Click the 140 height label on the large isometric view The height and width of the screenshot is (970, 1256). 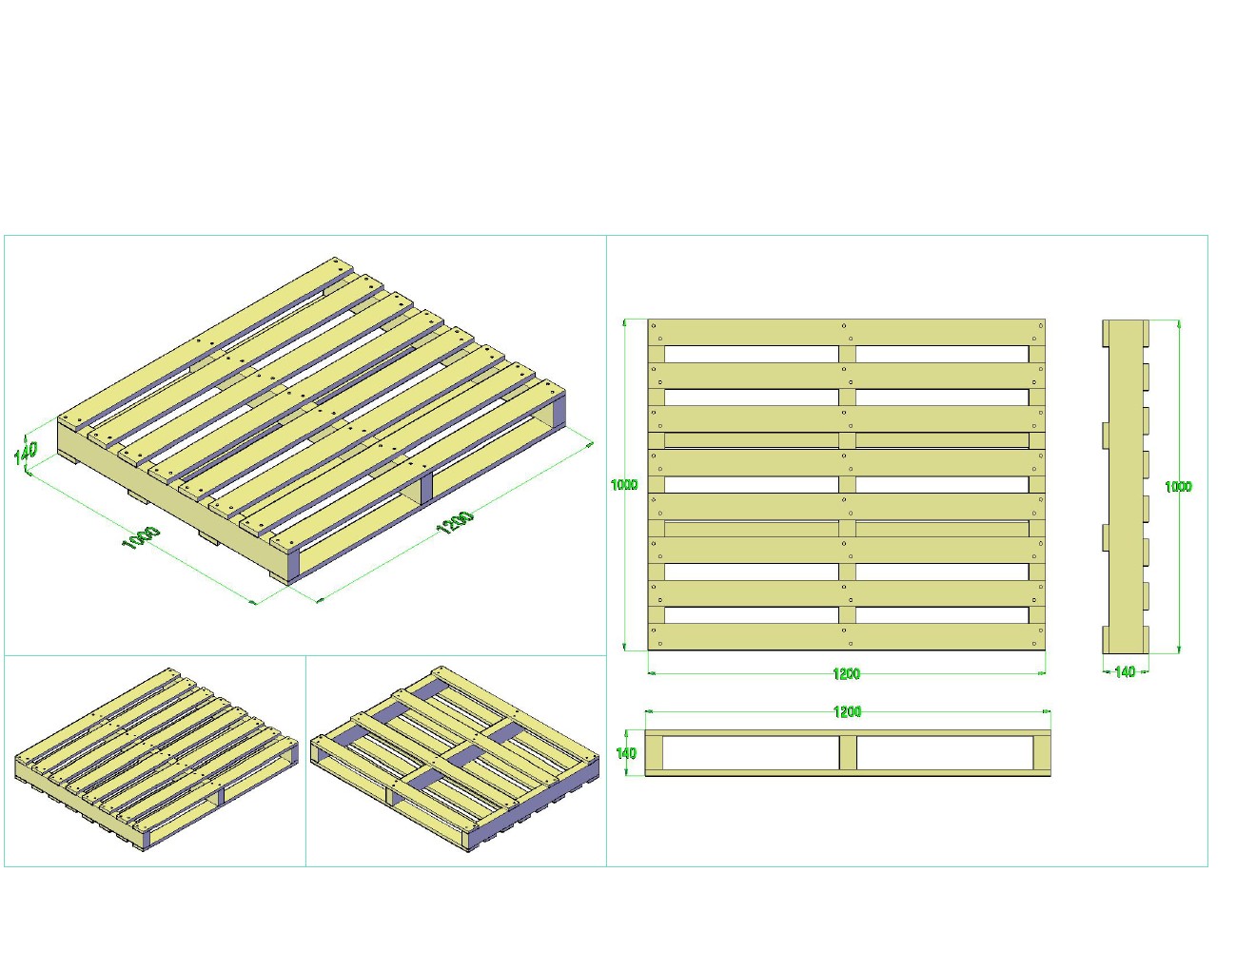(x=26, y=453)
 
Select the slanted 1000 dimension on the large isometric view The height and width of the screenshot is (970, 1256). (x=142, y=537)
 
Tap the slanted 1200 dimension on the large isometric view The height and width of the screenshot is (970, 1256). (x=456, y=522)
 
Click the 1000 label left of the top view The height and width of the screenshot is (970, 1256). (x=624, y=485)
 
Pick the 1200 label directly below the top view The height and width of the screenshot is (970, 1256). (x=846, y=673)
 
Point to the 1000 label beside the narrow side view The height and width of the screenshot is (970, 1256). (x=1178, y=487)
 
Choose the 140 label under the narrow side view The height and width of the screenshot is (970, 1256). (x=1125, y=672)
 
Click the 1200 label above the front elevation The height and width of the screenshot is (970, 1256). (x=848, y=711)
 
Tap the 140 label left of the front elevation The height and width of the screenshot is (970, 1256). (x=626, y=753)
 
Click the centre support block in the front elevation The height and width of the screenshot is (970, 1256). (x=848, y=753)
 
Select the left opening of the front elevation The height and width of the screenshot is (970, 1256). (x=751, y=753)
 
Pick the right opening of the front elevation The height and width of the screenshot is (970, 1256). (x=945, y=753)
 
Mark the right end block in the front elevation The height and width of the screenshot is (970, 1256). (x=1042, y=753)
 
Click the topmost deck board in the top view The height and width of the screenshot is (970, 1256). (x=846, y=332)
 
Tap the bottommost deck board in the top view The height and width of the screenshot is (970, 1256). (x=846, y=636)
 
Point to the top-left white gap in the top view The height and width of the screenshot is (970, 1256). (x=752, y=354)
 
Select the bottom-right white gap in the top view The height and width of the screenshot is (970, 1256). (x=942, y=614)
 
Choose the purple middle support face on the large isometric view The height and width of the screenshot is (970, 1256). (x=426, y=489)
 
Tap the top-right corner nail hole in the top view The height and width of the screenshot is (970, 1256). (x=1041, y=326)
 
